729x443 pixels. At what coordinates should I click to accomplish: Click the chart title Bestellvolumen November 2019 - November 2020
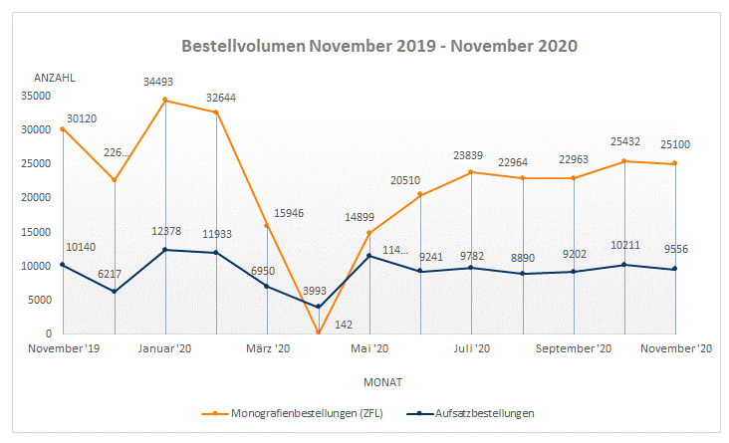pos(379,46)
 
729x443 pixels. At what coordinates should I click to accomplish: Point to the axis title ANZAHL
pos(55,77)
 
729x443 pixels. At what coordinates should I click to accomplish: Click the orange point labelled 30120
pos(63,128)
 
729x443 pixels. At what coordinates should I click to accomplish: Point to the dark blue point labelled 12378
pos(165,250)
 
